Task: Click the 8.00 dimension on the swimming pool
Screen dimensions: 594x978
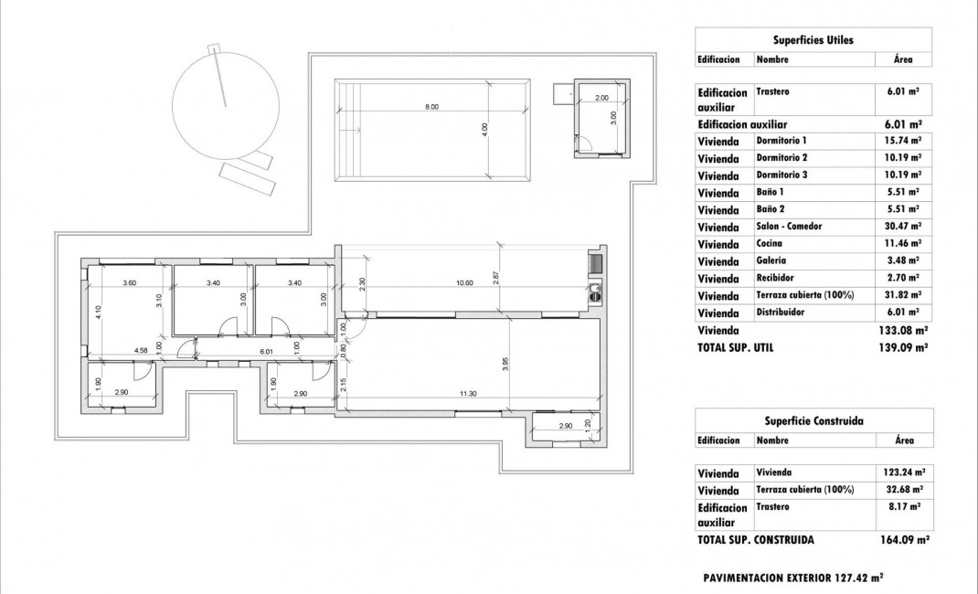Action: point(431,107)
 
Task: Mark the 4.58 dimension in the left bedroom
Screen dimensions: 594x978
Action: point(142,350)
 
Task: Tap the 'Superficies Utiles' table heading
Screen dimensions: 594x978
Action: point(813,40)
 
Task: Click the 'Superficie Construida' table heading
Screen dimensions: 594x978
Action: point(813,421)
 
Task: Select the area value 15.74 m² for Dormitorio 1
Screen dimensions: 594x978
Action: point(903,141)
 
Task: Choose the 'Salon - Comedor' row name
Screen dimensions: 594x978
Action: point(789,227)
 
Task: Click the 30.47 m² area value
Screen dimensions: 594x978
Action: point(903,227)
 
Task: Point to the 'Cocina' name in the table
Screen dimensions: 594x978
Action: point(769,244)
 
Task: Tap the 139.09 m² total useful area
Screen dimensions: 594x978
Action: point(903,348)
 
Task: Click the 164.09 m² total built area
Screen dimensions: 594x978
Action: point(903,540)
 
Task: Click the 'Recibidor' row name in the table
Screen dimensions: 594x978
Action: point(775,278)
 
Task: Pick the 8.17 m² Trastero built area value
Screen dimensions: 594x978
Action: point(903,506)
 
